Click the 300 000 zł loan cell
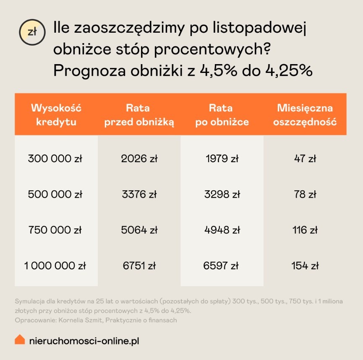coord(55,159)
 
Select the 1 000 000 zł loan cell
coord(55,266)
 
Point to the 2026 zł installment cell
coord(138,159)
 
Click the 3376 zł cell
coord(138,194)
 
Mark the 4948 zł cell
coord(222,230)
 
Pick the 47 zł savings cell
coord(305,159)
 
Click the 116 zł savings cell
coord(305,230)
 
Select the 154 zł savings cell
coord(305,266)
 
